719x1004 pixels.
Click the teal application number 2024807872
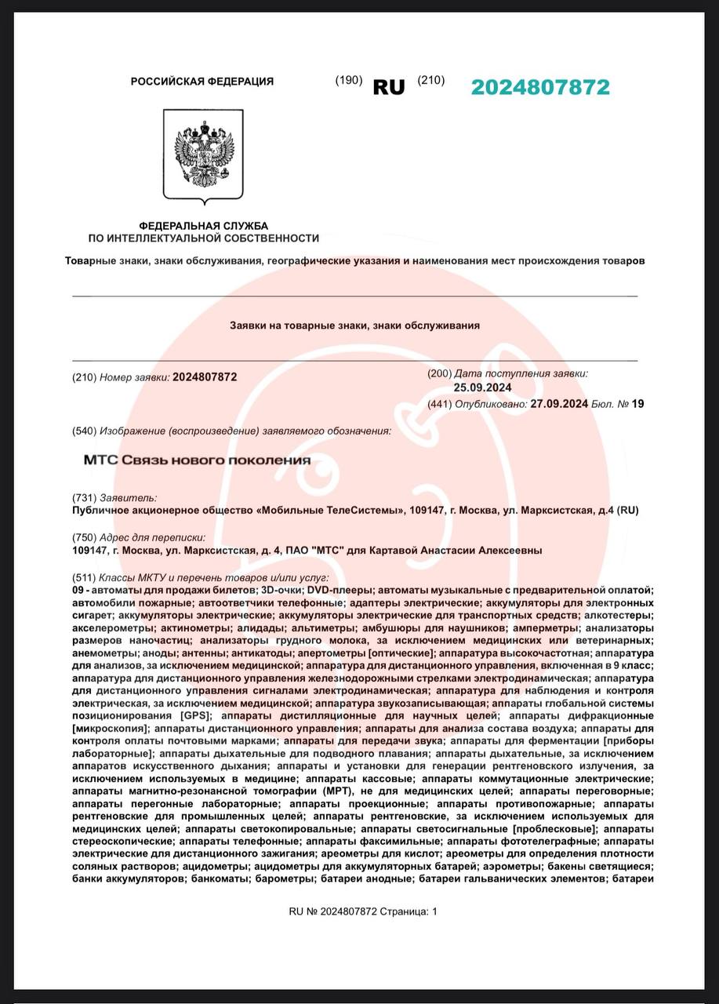point(539,87)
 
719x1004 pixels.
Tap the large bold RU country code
point(389,87)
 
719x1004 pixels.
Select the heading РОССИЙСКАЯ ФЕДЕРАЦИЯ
point(202,82)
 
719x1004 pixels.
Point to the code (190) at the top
point(348,80)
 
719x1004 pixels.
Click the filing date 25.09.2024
point(482,387)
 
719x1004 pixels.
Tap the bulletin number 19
point(637,404)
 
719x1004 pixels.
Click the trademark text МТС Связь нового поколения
point(197,460)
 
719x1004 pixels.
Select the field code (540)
point(83,431)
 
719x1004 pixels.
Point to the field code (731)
point(83,497)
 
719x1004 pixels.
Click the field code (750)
point(83,537)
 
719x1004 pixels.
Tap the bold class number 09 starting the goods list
point(78,589)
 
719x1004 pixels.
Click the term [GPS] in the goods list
point(196,716)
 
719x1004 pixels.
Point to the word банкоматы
point(222,879)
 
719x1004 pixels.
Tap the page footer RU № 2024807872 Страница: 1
point(363,911)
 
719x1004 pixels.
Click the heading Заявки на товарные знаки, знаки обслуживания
point(354,325)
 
